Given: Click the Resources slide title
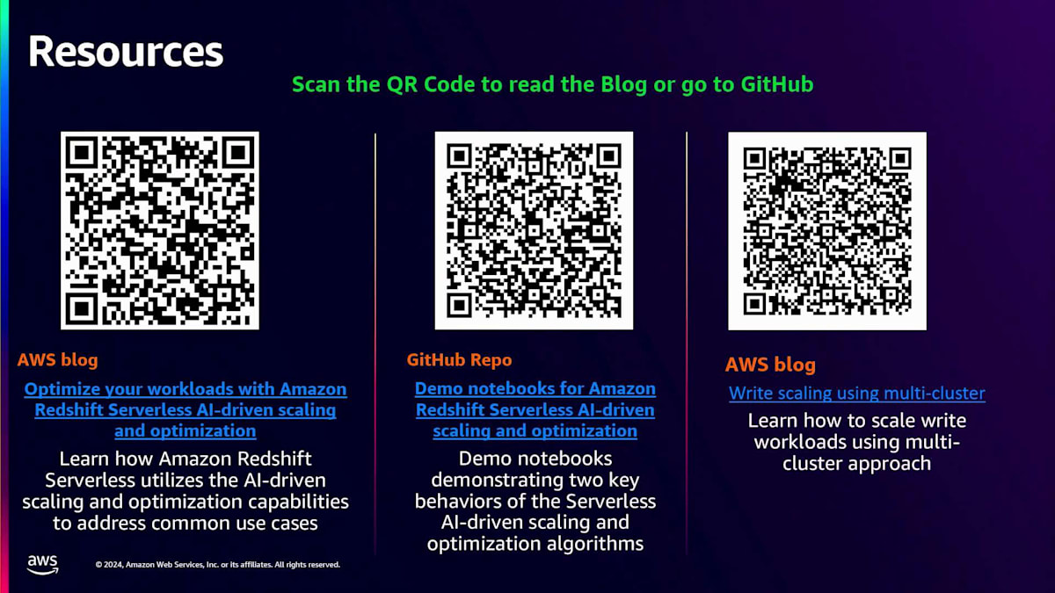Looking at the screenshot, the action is (x=126, y=52).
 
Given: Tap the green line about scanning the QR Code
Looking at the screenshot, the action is (x=552, y=84).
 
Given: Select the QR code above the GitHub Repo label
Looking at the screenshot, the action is (x=534, y=230).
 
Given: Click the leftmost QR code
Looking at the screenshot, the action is (x=159, y=230).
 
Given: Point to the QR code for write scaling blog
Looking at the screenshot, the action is (x=827, y=230).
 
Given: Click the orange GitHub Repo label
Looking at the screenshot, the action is (x=459, y=359).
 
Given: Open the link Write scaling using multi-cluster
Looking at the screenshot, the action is (x=856, y=393).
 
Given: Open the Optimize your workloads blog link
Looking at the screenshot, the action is (x=186, y=409).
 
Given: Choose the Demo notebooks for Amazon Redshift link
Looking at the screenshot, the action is (x=535, y=409).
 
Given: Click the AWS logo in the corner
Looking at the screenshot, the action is (x=42, y=564).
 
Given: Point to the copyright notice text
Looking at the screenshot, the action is (x=217, y=565).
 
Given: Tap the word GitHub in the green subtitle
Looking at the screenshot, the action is (x=776, y=84).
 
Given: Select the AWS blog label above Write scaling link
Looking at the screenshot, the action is (x=770, y=365).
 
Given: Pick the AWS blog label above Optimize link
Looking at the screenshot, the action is (x=57, y=359).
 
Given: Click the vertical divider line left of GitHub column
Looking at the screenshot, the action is (x=375, y=343).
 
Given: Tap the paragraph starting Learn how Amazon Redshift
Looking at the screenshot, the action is (x=186, y=490).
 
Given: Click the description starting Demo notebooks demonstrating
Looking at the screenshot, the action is (x=535, y=501).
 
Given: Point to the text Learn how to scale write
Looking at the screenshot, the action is (x=856, y=441).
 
